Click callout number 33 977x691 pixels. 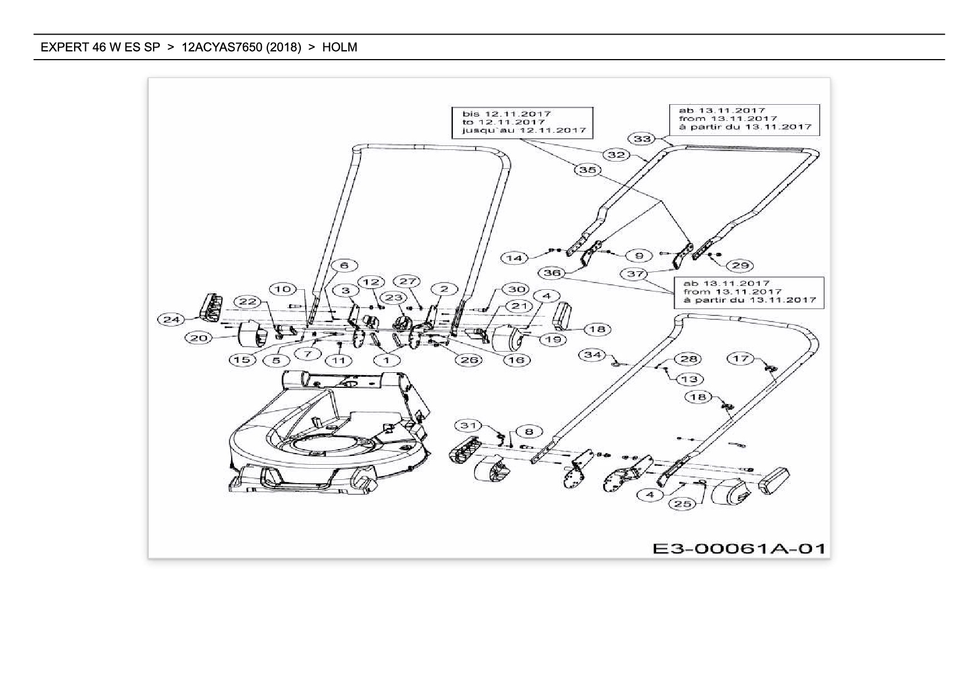[x=642, y=138]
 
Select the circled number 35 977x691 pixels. [x=588, y=169]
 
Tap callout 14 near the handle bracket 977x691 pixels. [x=515, y=257]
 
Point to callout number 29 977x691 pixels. [x=740, y=265]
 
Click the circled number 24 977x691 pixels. [x=172, y=319]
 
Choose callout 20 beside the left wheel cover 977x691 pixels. [x=199, y=338]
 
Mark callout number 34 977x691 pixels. [x=593, y=354]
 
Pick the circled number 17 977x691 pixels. [x=740, y=358]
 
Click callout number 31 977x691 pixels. [x=468, y=426]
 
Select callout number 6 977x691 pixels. [x=344, y=265]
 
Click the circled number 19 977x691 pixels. [x=552, y=339]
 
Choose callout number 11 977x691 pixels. [x=339, y=360]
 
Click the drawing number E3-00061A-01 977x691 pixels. [x=739, y=548]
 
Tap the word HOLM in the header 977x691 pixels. [x=340, y=47]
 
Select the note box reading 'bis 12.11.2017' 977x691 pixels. [x=522, y=122]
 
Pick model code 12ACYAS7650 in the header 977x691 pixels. [x=222, y=47]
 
